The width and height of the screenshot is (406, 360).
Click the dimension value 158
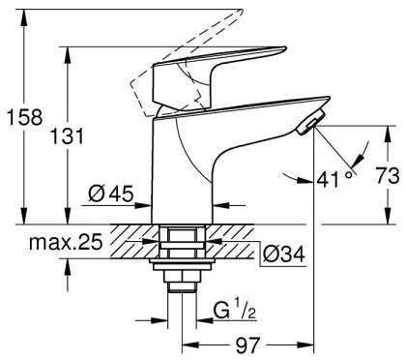(20, 118)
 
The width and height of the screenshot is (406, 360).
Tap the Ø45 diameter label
(109, 194)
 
